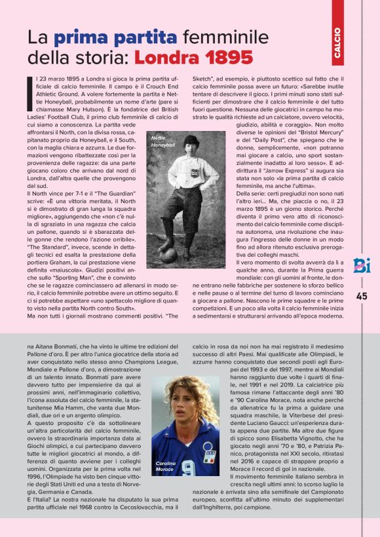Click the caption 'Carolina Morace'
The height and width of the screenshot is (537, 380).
165,466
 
